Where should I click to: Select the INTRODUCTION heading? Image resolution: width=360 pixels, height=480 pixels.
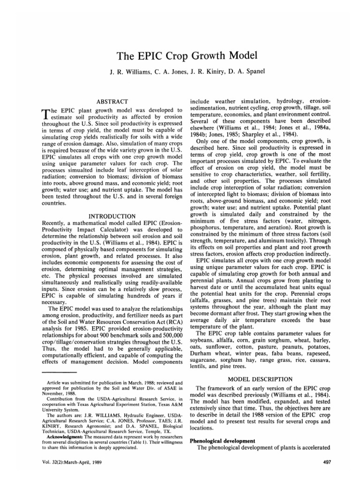(112, 216)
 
